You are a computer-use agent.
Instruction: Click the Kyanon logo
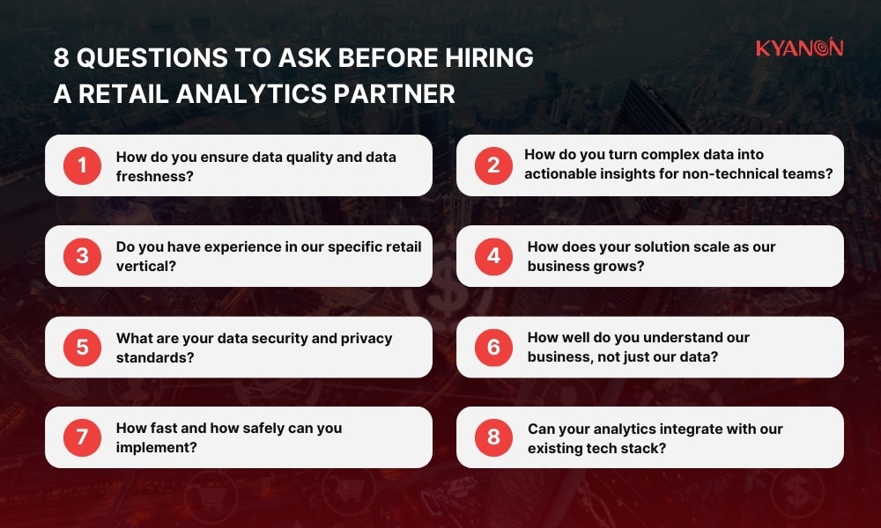point(799,48)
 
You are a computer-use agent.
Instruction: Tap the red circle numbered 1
point(83,165)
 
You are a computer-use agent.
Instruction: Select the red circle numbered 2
point(493,165)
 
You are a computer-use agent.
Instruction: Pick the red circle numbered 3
point(83,256)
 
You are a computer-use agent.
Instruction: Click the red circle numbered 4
point(493,256)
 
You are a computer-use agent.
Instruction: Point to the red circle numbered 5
point(83,347)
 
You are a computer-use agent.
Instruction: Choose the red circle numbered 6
point(493,347)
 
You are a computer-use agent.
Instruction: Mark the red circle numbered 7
point(83,436)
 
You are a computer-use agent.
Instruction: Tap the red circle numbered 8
point(493,436)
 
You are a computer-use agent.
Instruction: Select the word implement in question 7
point(156,446)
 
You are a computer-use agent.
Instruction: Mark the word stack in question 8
point(645,447)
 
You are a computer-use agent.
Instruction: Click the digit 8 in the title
point(60,58)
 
